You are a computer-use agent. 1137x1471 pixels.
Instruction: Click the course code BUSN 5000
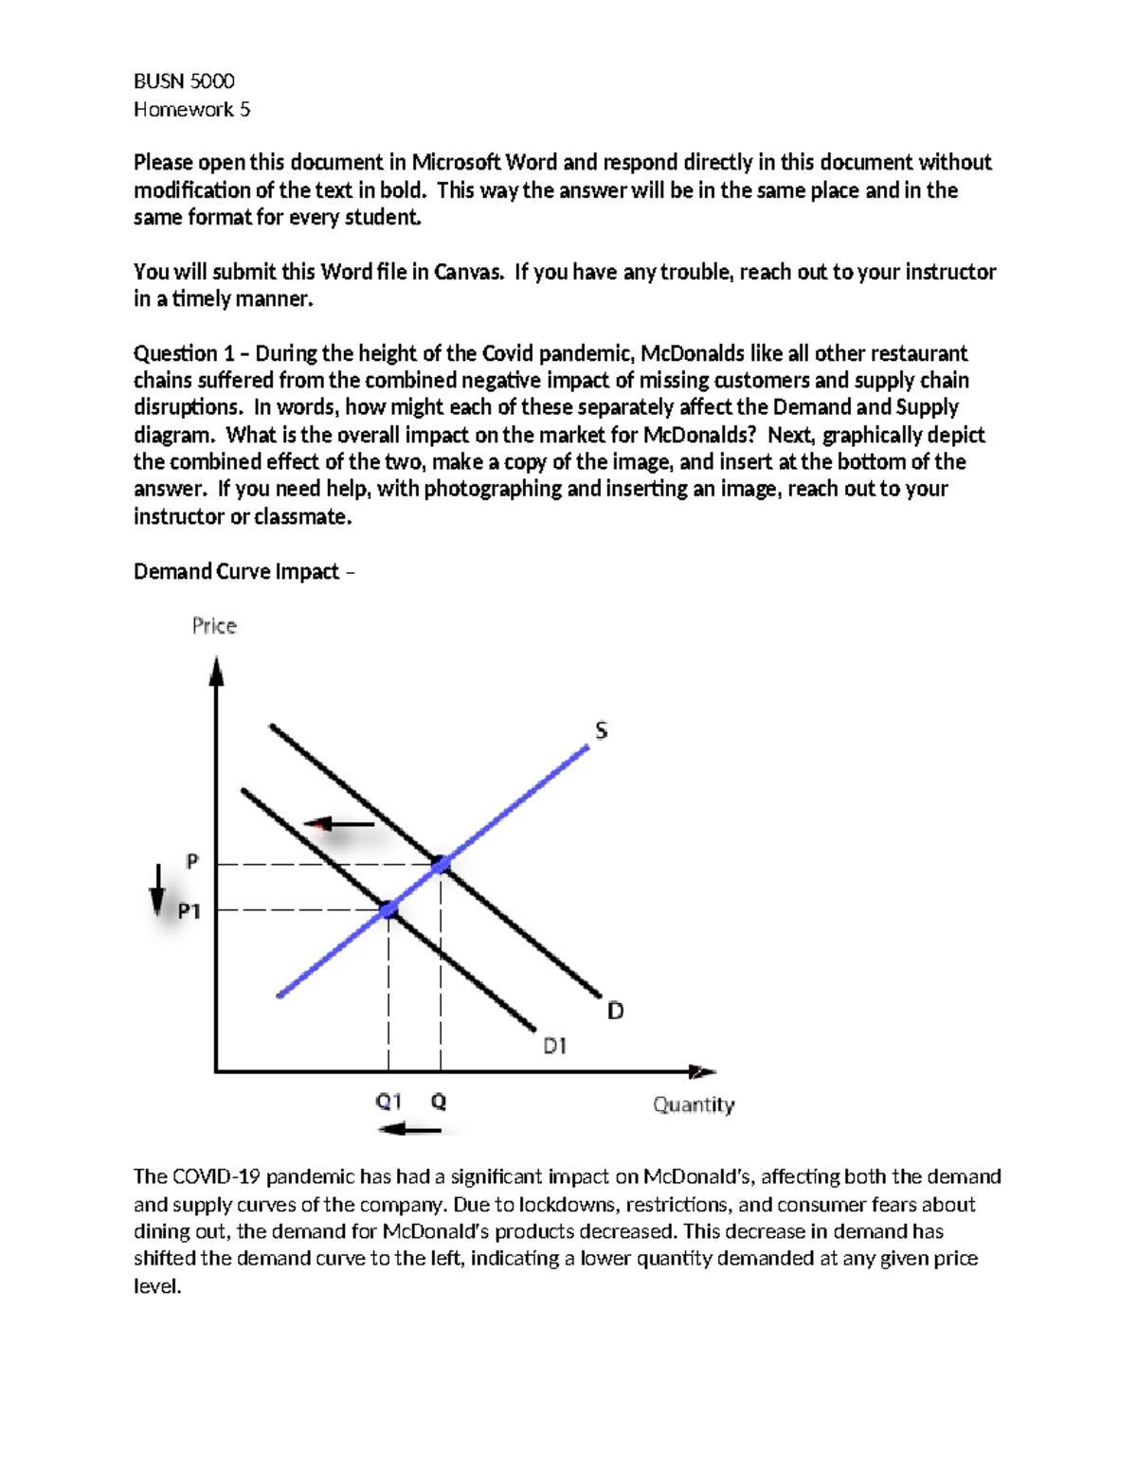pyautogui.click(x=184, y=81)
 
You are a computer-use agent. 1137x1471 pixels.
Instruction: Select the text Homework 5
pyautogui.click(x=191, y=110)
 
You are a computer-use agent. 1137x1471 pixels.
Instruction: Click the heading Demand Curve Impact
pyautogui.click(x=236, y=572)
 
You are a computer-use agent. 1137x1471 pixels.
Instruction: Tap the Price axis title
pyautogui.click(x=214, y=626)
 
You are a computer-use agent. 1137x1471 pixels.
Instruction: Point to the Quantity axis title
pyautogui.click(x=694, y=1104)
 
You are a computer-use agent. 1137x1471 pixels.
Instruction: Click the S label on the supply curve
pyautogui.click(x=601, y=730)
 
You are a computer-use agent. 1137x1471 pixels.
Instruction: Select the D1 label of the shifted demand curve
pyautogui.click(x=554, y=1047)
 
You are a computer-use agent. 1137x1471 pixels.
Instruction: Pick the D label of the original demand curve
pyautogui.click(x=615, y=1012)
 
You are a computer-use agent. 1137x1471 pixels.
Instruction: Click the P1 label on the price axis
pyautogui.click(x=189, y=911)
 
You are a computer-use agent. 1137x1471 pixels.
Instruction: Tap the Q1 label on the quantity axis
pyautogui.click(x=388, y=1102)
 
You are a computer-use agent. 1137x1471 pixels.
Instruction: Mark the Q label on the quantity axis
pyautogui.click(x=439, y=1102)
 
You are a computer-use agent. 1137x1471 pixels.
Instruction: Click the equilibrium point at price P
pyautogui.click(x=441, y=864)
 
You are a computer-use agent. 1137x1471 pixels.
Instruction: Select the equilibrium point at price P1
pyautogui.click(x=388, y=909)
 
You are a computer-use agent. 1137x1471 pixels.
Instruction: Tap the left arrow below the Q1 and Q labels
pyautogui.click(x=409, y=1129)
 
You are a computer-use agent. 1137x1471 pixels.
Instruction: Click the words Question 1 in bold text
pyautogui.click(x=184, y=354)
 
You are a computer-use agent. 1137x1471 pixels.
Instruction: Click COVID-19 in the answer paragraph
pyautogui.click(x=215, y=1177)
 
